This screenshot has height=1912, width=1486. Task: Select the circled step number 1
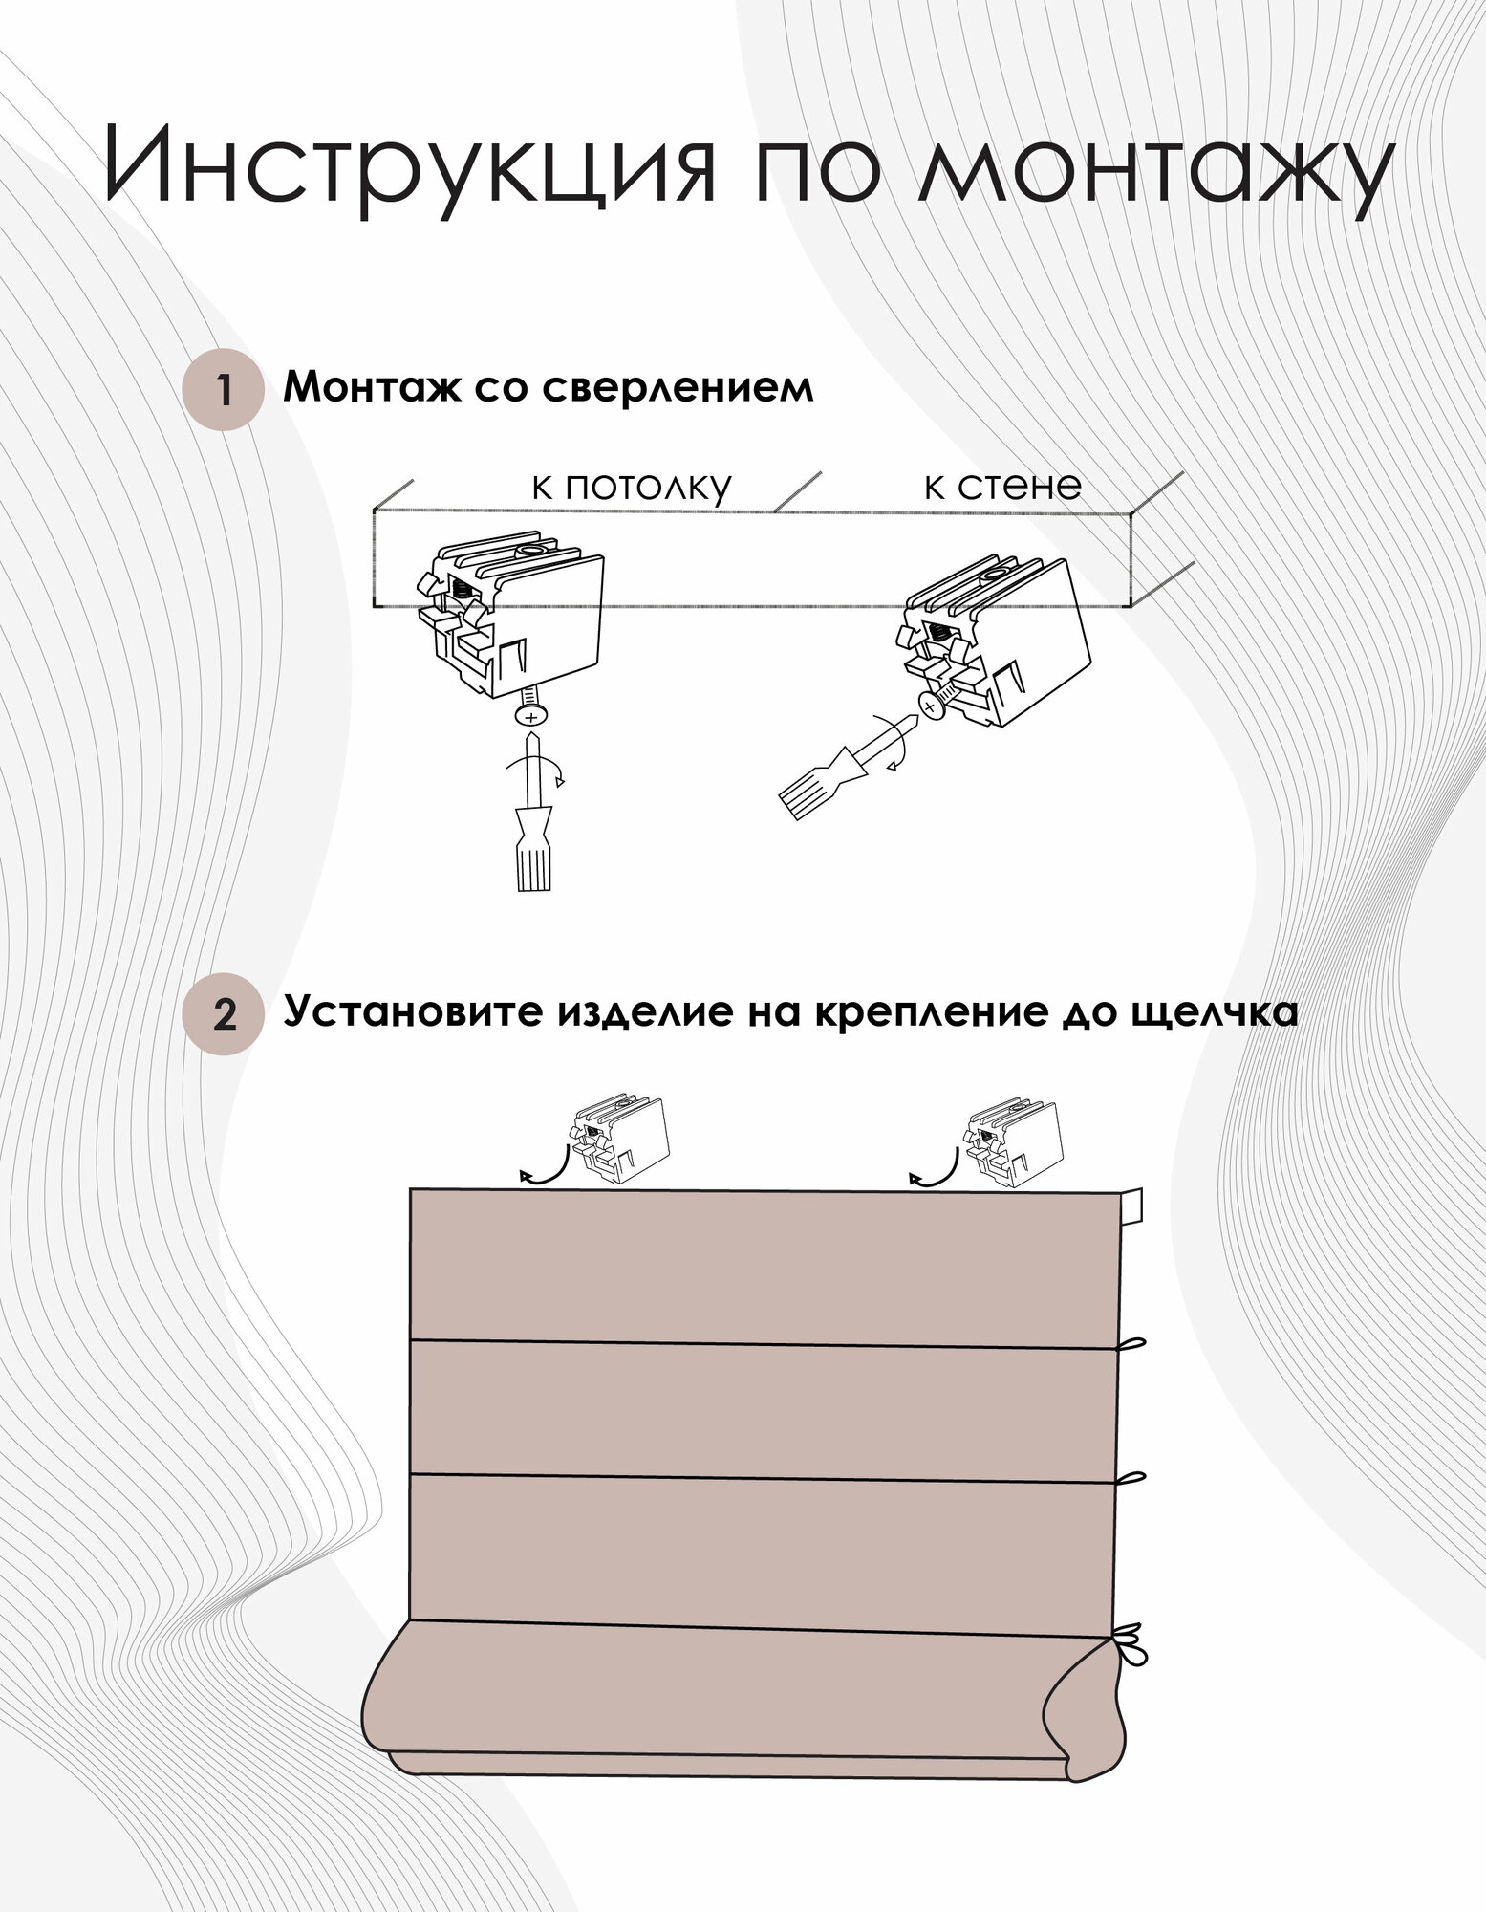224,390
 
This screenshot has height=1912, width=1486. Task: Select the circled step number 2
224,1014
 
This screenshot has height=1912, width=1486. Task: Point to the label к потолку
631,487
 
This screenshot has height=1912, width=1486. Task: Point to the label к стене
1001,486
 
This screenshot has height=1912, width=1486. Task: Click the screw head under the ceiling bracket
530,715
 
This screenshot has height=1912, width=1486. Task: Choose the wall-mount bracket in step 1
994,641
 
